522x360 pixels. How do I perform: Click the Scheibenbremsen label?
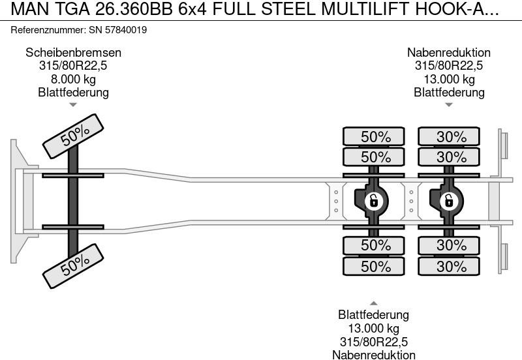[73, 53]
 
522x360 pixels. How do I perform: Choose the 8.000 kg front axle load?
[73, 80]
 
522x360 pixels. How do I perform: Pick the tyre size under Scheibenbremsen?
[73, 66]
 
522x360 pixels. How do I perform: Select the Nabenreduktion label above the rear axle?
[449, 53]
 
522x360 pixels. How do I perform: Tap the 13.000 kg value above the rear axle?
[449, 80]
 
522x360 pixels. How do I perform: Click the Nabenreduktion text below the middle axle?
[374, 354]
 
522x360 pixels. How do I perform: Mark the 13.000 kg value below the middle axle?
[374, 328]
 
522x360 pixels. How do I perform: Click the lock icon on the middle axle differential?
[373, 201]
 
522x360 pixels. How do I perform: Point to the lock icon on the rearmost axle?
[449, 201]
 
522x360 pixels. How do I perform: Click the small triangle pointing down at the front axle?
[73, 104]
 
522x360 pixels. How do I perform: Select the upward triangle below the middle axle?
[374, 303]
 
